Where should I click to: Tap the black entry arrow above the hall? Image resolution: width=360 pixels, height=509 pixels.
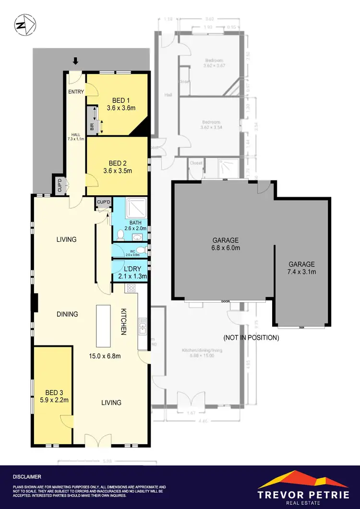75,61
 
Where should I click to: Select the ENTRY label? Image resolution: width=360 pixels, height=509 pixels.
76,92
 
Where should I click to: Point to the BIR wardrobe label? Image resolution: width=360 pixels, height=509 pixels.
92,127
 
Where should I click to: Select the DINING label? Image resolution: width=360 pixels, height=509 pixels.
67,314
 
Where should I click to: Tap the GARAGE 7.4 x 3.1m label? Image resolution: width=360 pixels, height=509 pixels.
301,268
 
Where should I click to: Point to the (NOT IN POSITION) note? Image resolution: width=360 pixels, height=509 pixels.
251,338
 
